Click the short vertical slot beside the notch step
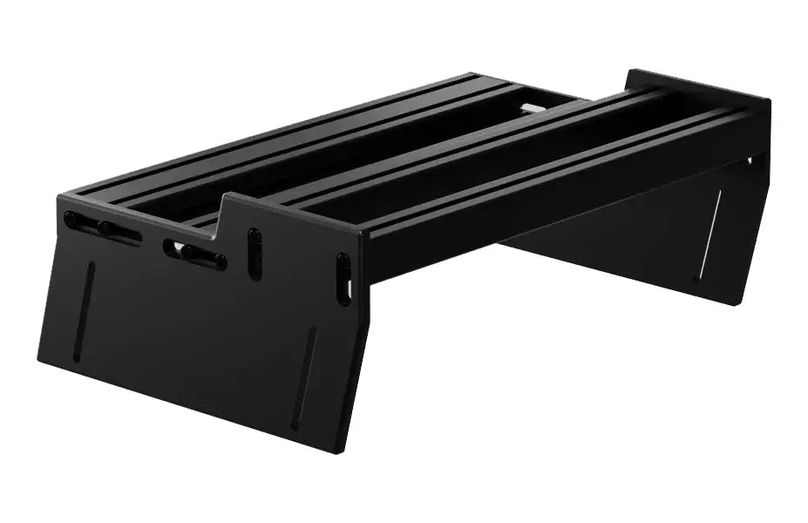tap(255, 254)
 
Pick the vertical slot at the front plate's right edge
tap(344, 278)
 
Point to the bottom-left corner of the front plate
tap(40, 359)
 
